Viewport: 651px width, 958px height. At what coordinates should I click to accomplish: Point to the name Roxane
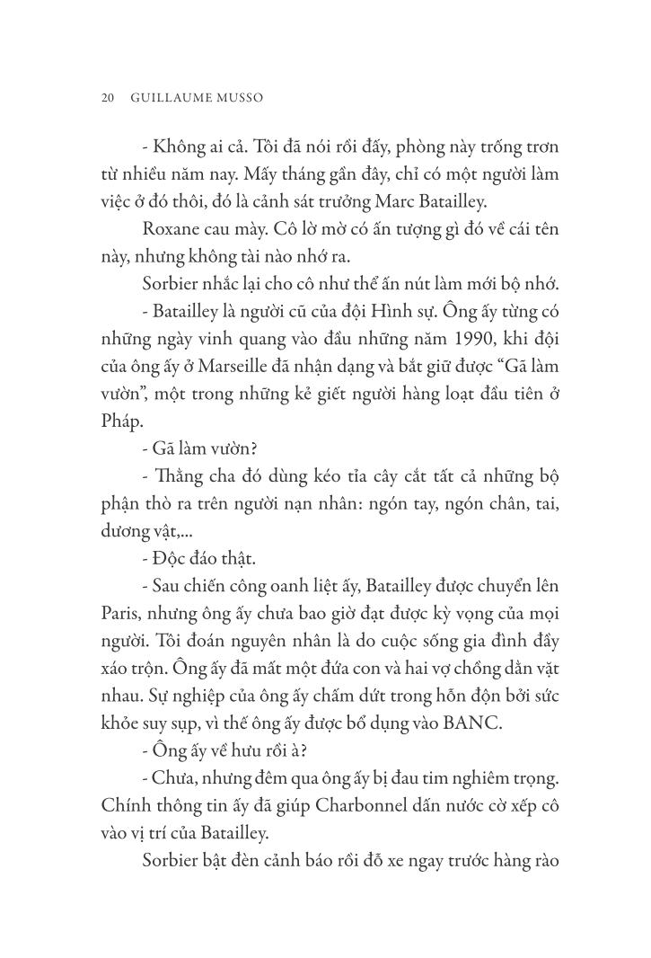click(171, 230)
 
